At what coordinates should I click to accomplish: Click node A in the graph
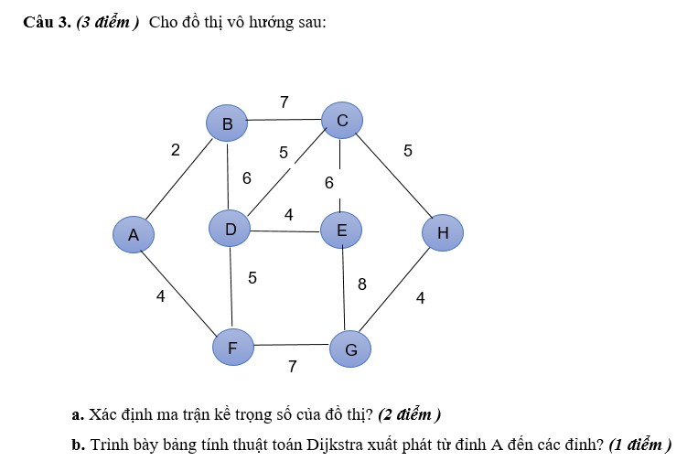point(134,234)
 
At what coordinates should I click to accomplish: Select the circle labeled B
point(227,123)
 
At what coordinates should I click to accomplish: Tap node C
point(342,120)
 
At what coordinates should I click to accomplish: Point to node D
point(230,229)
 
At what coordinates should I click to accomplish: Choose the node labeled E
point(341,230)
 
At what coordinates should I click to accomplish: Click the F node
point(233,347)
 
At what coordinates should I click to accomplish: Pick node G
point(350,349)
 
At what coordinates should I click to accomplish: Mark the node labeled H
point(443,232)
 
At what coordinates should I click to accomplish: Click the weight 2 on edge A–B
point(176,150)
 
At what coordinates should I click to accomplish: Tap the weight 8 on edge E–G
point(362,284)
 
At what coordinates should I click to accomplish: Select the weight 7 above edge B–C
point(284,102)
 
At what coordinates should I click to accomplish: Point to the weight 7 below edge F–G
point(293,367)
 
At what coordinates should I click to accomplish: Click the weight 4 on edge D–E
point(288,215)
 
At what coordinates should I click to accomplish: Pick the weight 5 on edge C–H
point(408,151)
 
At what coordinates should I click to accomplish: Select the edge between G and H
point(394,290)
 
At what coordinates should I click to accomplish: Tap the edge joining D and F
point(231,288)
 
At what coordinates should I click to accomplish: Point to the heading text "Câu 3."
point(47,22)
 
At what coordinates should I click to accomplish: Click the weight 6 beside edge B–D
point(247,178)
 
